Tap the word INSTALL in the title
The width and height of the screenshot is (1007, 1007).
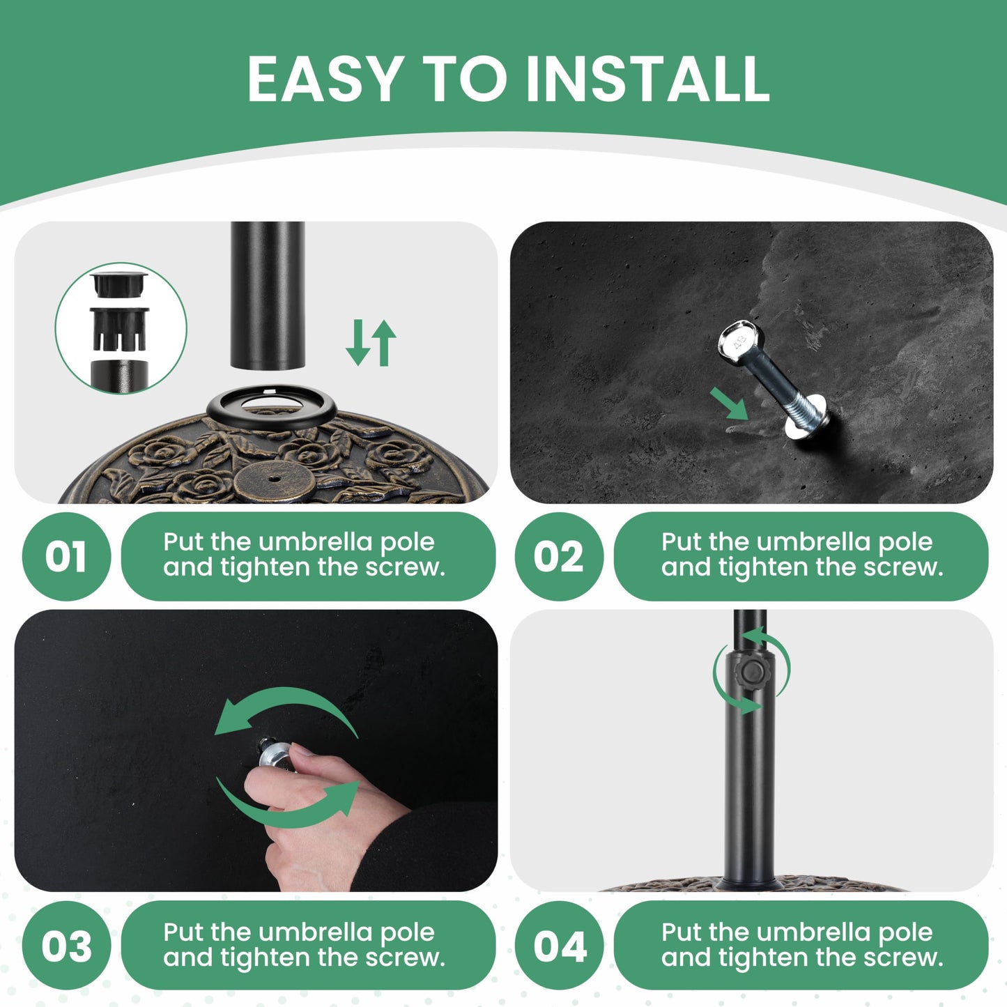[648, 78]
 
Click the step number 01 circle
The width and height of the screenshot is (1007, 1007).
[66, 557]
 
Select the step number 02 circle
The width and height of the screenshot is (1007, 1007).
[559, 557]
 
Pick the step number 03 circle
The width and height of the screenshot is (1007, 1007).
[66, 946]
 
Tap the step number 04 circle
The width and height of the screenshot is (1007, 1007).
[559, 946]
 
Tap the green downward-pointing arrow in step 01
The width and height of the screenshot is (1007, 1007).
[358, 342]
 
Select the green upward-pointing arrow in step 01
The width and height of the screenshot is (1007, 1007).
[384, 342]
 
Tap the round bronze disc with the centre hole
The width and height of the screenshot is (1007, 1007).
[275, 479]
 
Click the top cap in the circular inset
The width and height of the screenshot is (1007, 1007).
[119, 283]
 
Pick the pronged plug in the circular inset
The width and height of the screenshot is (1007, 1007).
[120, 328]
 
